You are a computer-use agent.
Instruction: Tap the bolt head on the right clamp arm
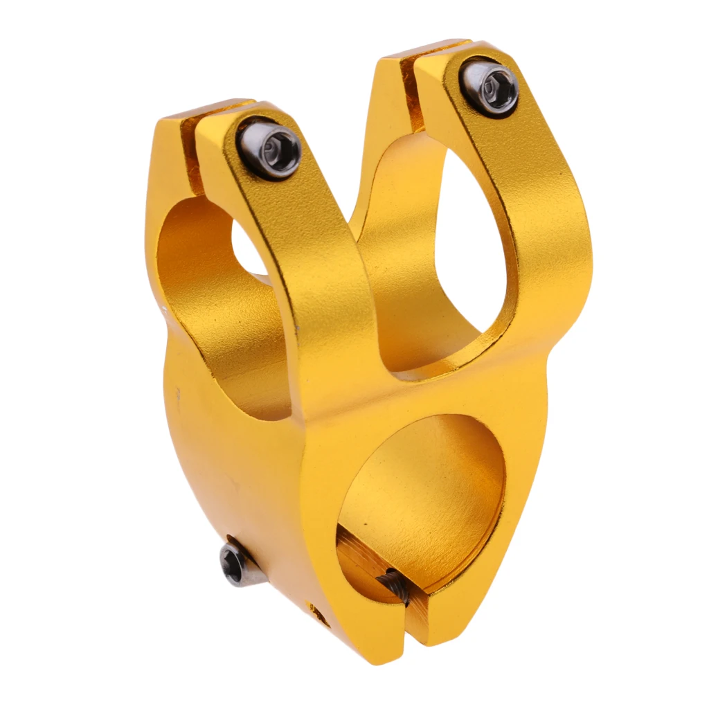pyautogui.click(x=490, y=88)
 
